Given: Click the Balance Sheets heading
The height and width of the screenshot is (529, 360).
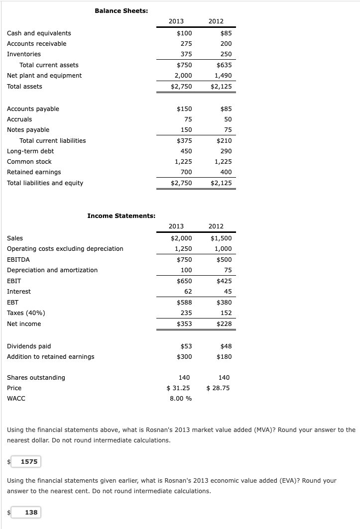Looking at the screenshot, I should (x=121, y=10).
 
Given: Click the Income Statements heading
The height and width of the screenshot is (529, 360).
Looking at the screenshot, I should (x=121, y=215).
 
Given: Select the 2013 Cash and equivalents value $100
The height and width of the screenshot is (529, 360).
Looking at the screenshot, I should (x=184, y=33).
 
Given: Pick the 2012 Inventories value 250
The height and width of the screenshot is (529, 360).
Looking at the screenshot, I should (x=226, y=54).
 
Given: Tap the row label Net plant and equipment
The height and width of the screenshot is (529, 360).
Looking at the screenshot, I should (x=44, y=76).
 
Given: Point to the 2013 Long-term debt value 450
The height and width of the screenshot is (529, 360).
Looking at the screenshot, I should (x=186, y=151).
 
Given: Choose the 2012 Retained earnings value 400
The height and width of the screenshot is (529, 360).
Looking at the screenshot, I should (x=226, y=172).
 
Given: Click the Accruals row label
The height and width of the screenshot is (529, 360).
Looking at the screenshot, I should (x=19, y=119).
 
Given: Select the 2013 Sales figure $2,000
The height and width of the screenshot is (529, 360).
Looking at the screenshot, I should (x=181, y=238).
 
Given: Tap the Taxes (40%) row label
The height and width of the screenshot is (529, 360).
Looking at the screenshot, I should (x=24, y=313).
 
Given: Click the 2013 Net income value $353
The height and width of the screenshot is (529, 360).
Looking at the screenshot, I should (x=184, y=324).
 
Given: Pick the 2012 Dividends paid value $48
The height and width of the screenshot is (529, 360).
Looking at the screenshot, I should (x=226, y=346).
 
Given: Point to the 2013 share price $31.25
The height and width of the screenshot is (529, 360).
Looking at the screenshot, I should (x=179, y=388).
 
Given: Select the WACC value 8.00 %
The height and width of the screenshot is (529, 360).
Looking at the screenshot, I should (x=181, y=399).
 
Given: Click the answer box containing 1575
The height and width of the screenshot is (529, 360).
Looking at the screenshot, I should (x=29, y=461).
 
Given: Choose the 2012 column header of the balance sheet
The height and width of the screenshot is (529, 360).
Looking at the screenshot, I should (x=216, y=21).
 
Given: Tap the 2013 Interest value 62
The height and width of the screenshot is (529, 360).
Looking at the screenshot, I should (x=188, y=292).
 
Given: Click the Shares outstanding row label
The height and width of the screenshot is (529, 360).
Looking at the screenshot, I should (x=36, y=378).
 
